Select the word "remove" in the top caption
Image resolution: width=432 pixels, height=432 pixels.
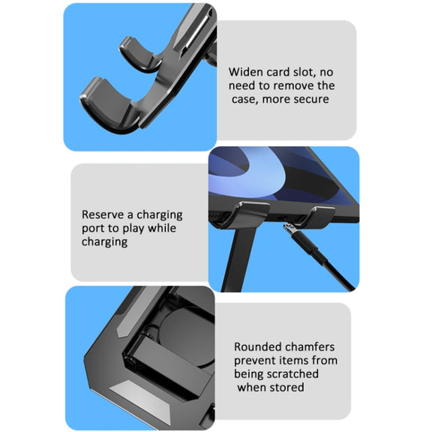(x=292, y=85)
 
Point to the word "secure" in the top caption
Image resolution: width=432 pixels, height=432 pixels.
(x=313, y=99)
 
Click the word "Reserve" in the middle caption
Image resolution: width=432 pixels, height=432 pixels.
(x=103, y=214)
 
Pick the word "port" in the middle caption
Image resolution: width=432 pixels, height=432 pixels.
(x=93, y=229)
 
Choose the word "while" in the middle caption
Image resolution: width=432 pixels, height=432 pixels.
(x=162, y=228)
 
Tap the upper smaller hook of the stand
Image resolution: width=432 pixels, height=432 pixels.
(x=139, y=55)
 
